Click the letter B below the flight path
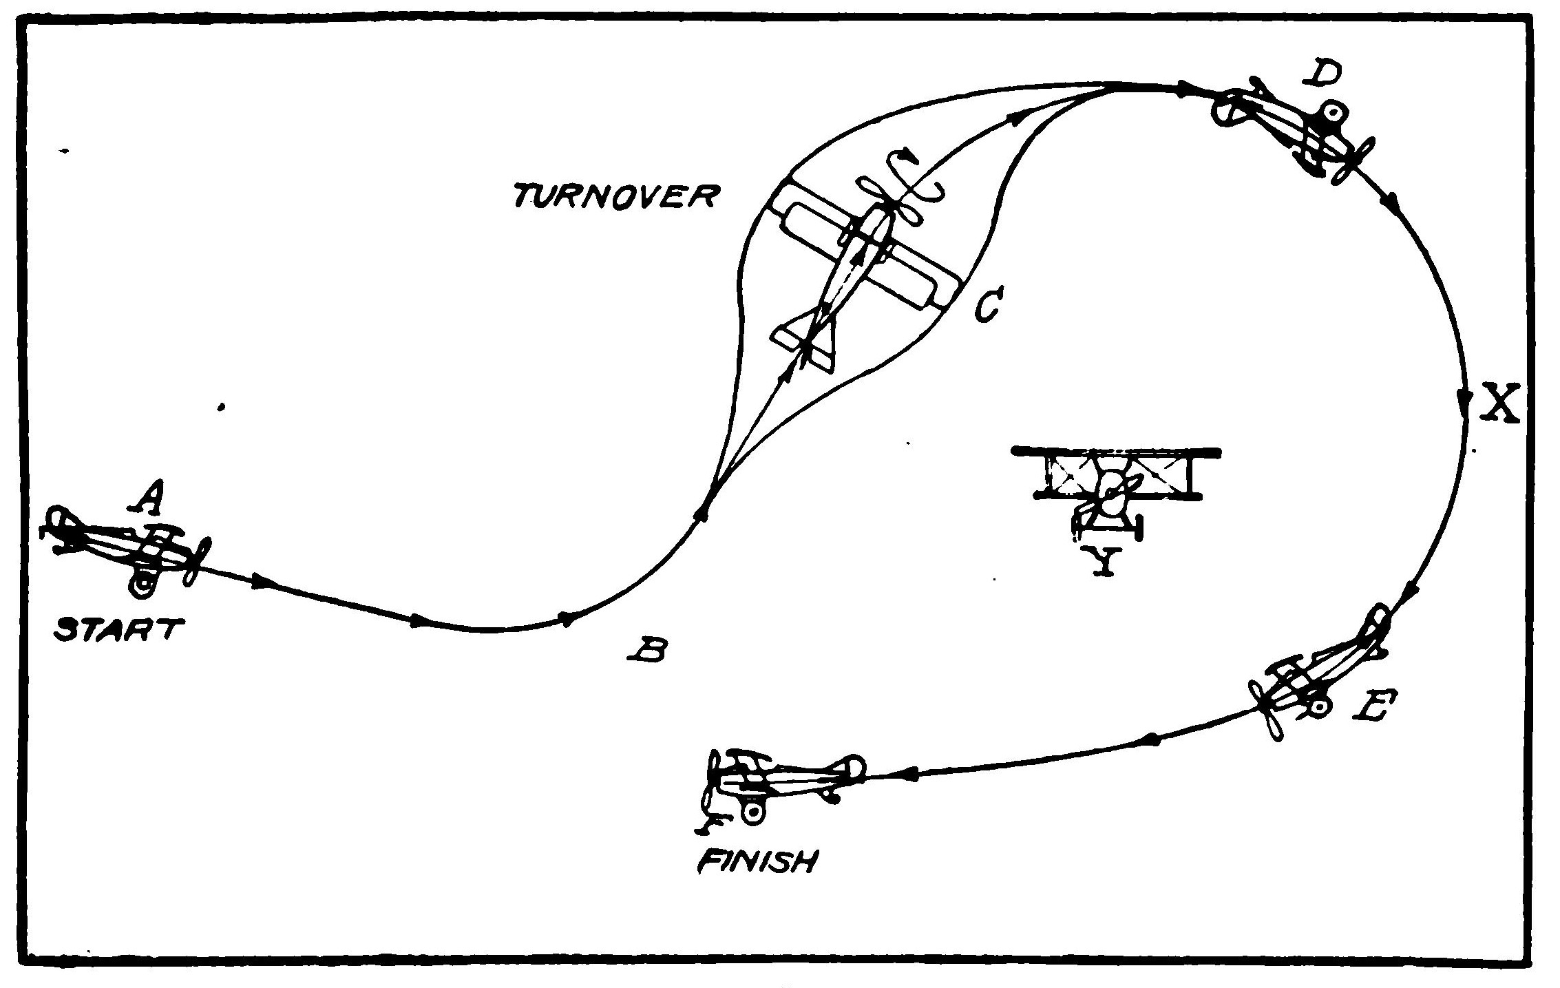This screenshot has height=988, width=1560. point(648,649)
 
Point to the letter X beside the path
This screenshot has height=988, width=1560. point(1500,405)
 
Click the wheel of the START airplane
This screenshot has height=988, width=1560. point(143,585)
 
